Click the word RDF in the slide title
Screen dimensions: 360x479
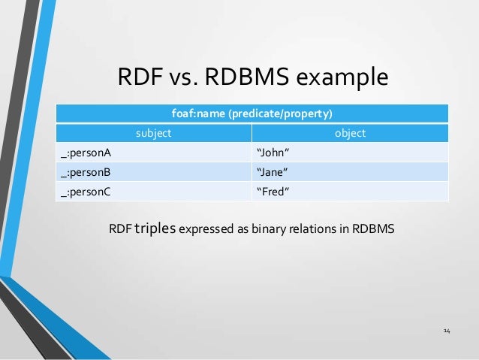tap(140, 78)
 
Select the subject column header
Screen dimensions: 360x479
tap(153, 133)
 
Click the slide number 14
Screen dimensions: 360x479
tap(447, 331)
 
